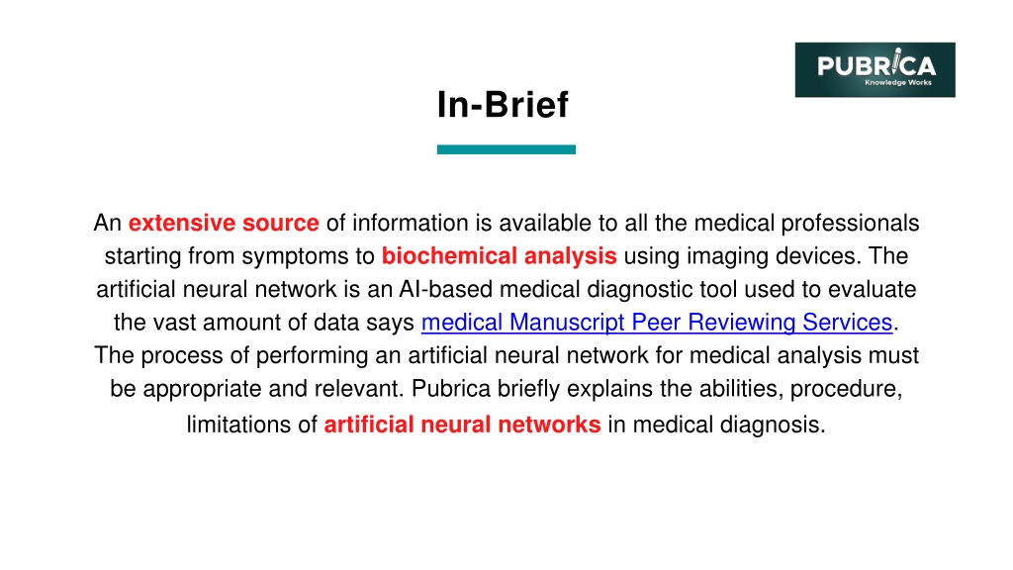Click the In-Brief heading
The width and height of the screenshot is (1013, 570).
(x=503, y=105)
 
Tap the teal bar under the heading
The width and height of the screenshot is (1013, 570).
(x=506, y=150)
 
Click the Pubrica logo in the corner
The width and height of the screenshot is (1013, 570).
(x=875, y=70)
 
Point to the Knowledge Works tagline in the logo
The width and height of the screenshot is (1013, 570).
(x=898, y=83)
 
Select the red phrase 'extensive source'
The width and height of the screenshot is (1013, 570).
(x=224, y=223)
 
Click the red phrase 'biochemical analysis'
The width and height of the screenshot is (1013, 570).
(x=499, y=256)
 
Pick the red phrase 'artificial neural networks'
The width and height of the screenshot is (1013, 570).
(x=462, y=425)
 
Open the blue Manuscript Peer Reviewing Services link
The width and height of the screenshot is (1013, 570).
(x=657, y=322)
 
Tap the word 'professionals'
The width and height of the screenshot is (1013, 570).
(x=850, y=223)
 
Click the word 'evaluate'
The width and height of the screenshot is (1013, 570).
(x=873, y=289)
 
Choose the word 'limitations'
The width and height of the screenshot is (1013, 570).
(x=238, y=425)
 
